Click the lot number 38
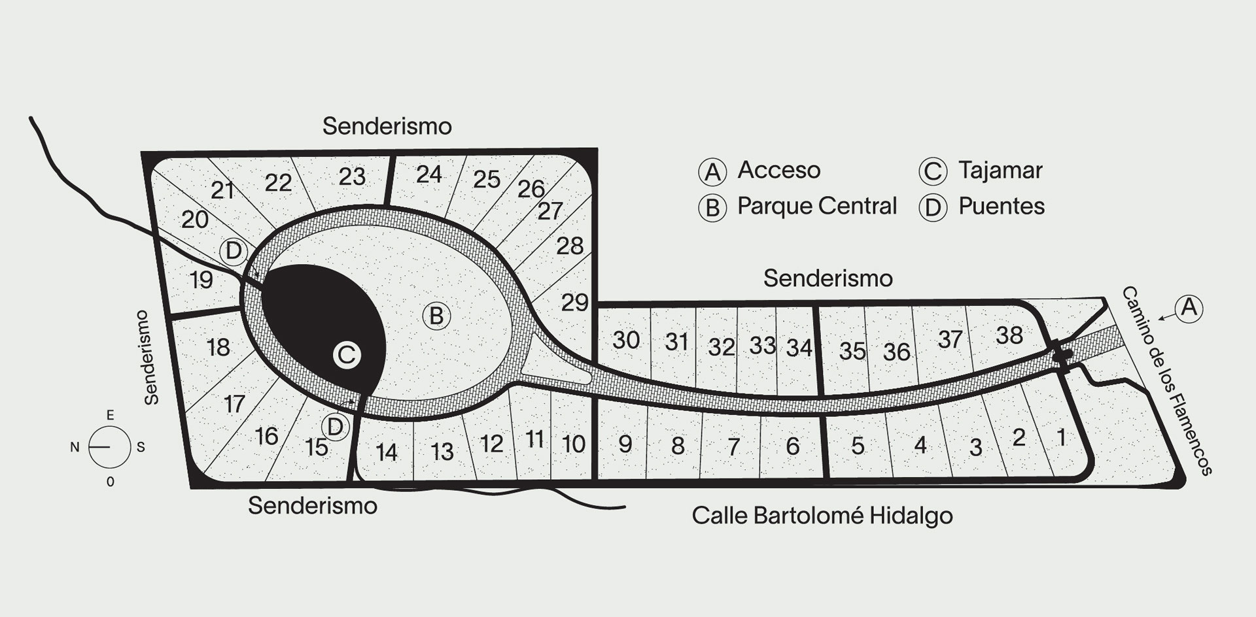click(x=1009, y=335)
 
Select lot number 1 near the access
click(x=1061, y=436)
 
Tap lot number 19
click(x=201, y=280)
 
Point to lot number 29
click(x=575, y=302)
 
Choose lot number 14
click(x=387, y=452)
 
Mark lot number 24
click(x=429, y=174)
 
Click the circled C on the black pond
click(x=346, y=356)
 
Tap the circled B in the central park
click(x=436, y=316)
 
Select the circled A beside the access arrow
click(x=1189, y=307)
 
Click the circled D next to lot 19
click(x=233, y=251)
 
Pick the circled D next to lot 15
click(x=334, y=427)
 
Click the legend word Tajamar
click(x=1000, y=170)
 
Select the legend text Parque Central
click(x=817, y=206)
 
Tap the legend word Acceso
click(x=779, y=170)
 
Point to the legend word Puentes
click(x=1002, y=206)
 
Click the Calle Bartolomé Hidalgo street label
click(x=822, y=516)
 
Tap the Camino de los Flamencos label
click(x=1167, y=380)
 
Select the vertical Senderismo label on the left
click(x=151, y=357)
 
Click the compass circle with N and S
click(x=109, y=447)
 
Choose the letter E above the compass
click(x=110, y=415)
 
